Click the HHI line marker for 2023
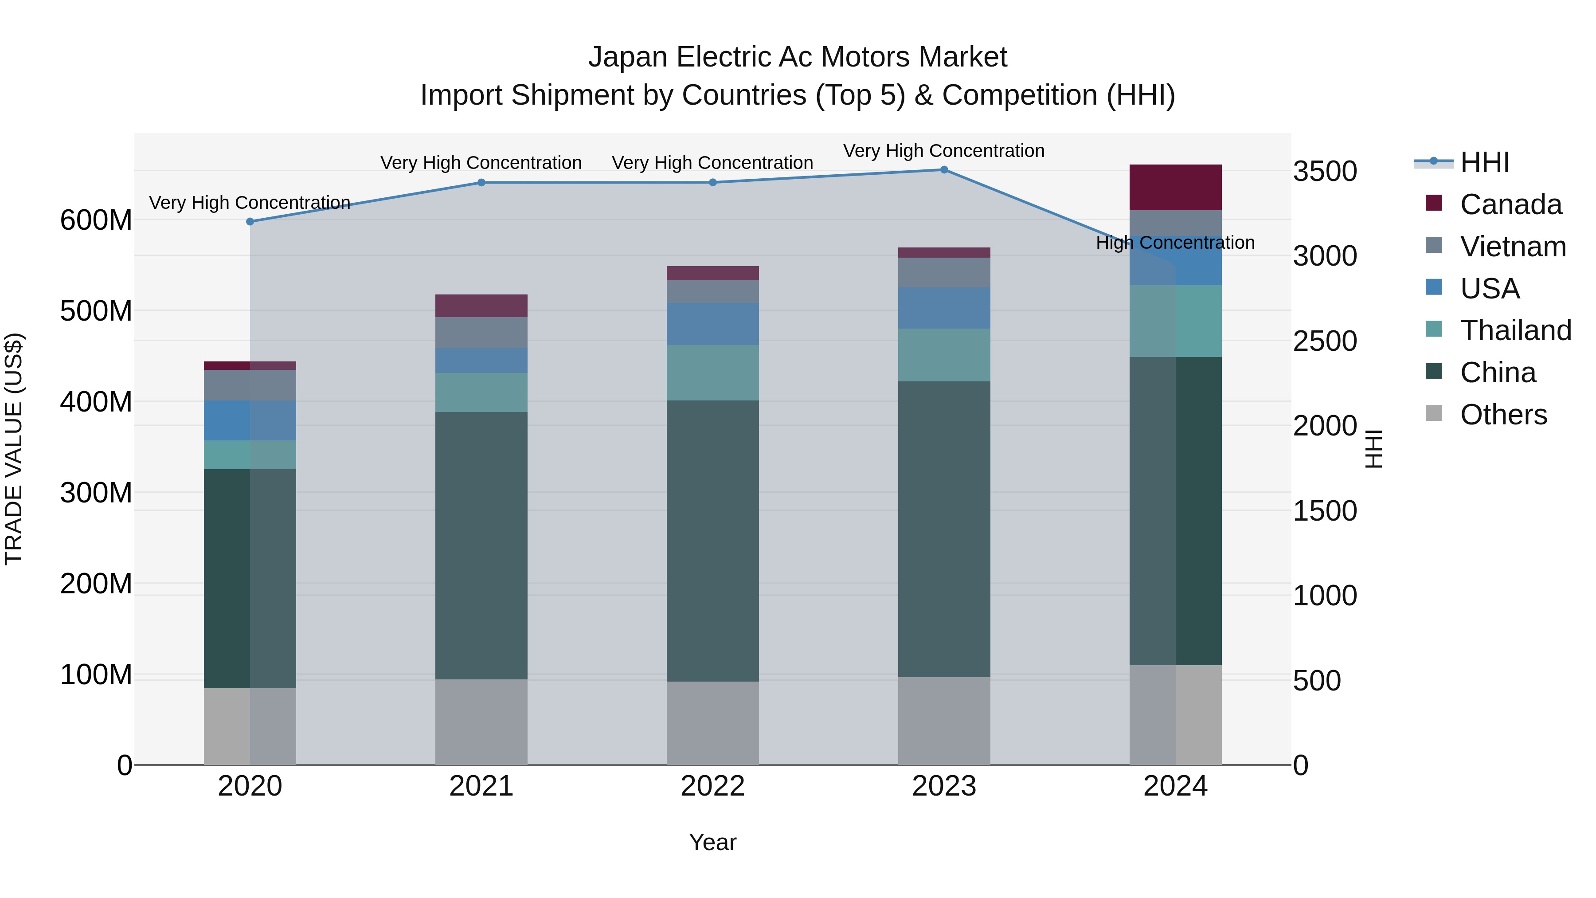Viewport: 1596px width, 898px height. (x=943, y=170)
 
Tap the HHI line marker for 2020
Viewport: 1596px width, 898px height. (x=250, y=221)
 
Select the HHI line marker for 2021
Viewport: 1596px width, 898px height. (x=481, y=182)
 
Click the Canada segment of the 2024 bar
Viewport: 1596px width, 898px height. (x=1175, y=187)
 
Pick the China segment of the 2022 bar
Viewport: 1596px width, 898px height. (x=712, y=541)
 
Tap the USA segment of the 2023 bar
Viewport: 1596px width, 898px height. (x=943, y=308)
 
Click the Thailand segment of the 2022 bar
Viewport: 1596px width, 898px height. (x=712, y=373)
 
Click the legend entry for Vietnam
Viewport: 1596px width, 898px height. (x=1512, y=247)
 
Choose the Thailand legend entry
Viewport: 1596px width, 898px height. (x=1515, y=330)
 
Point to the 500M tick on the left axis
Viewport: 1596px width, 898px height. (x=96, y=311)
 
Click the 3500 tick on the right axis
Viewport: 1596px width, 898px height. (x=1325, y=172)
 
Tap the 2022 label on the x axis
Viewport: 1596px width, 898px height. (x=712, y=786)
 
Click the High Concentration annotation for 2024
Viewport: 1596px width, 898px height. (x=1175, y=243)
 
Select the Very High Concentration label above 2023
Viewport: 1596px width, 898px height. (x=943, y=151)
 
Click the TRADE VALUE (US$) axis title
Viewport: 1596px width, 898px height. (x=14, y=449)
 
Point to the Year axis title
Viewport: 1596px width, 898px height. (x=712, y=842)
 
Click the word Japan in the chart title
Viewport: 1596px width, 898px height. (x=628, y=58)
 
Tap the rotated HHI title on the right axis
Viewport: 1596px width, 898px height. (x=1373, y=449)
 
